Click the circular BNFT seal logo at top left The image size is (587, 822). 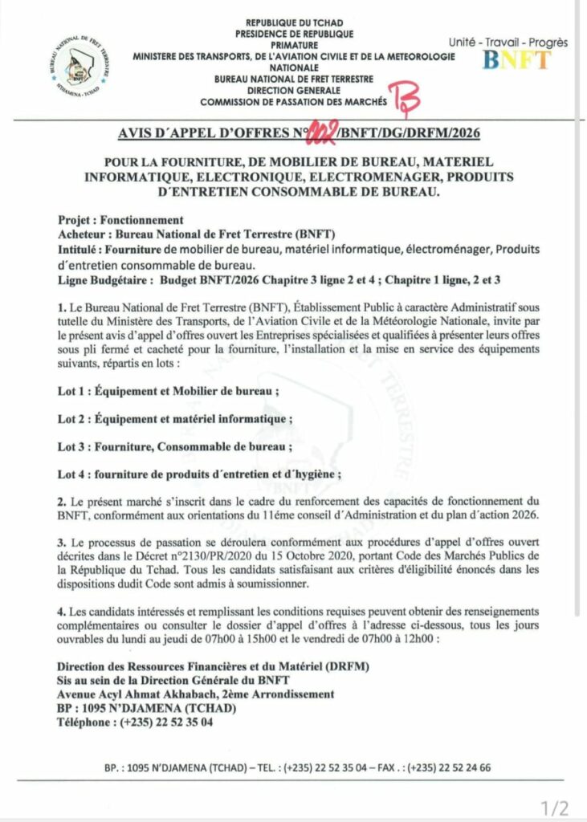pos(79,67)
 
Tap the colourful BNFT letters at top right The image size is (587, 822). pos(516,59)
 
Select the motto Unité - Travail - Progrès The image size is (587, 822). pos(508,42)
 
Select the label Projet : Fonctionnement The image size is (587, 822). pos(121,220)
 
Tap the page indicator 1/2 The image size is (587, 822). pos(554,807)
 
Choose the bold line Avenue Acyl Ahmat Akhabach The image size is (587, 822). pos(197,694)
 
